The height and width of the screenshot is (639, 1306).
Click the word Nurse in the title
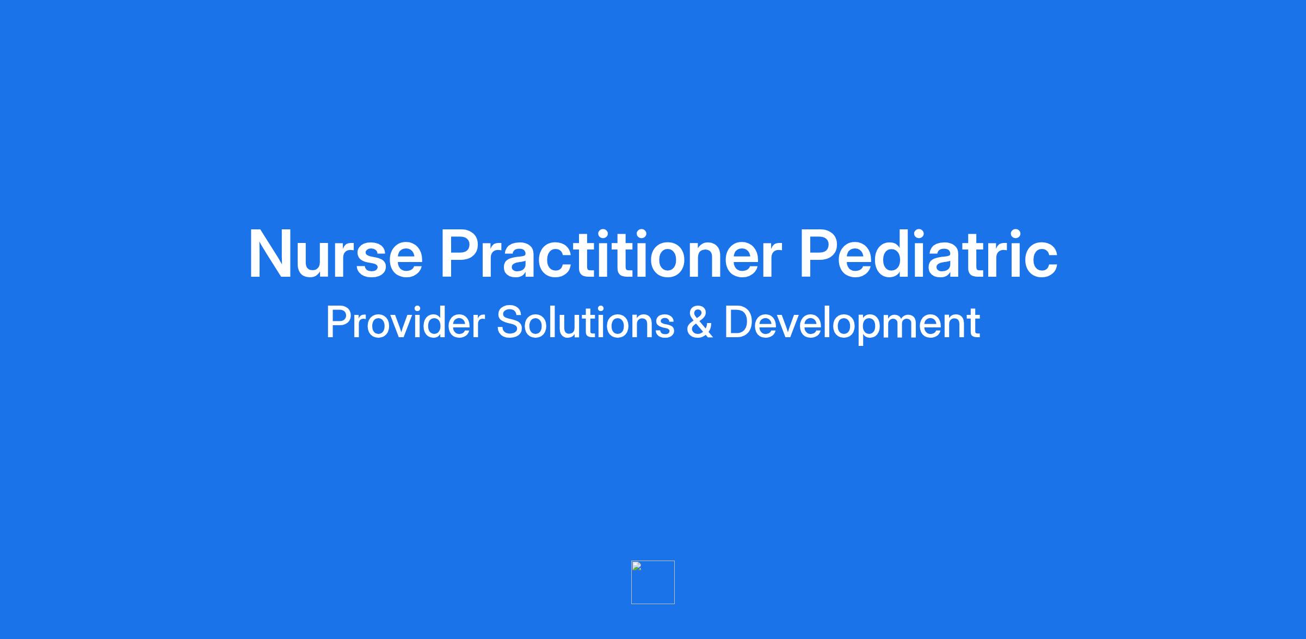(x=336, y=254)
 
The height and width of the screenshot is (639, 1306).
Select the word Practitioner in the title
(x=611, y=254)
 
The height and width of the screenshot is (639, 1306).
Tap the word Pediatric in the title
(x=928, y=254)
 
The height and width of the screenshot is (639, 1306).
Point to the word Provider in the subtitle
(x=405, y=322)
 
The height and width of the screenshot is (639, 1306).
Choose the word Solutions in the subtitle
(x=586, y=322)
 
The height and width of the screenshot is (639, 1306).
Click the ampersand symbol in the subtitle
(x=700, y=322)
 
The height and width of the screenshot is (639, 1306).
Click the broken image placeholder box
(x=653, y=582)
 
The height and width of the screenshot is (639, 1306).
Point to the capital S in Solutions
(x=509, y=322)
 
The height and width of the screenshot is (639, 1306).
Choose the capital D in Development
(x=738, y=322)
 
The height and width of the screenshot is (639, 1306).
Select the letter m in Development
(x=912, y=327)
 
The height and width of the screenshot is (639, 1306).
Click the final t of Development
(x=974, y=324)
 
